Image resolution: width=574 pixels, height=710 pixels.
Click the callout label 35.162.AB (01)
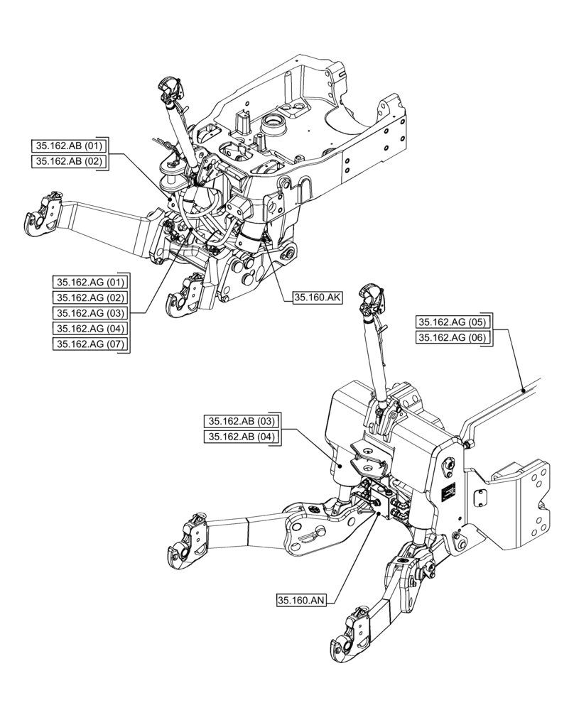70,146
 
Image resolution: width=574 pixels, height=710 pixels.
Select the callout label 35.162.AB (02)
70,162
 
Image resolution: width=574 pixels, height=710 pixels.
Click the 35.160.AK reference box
318,298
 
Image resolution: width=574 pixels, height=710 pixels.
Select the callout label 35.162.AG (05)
453,322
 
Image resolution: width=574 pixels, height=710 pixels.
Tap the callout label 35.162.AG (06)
453,338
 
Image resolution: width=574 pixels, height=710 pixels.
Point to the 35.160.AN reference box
302,601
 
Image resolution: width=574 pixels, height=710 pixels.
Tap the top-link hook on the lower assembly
372,297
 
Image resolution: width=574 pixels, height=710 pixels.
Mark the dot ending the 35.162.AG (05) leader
523,390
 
